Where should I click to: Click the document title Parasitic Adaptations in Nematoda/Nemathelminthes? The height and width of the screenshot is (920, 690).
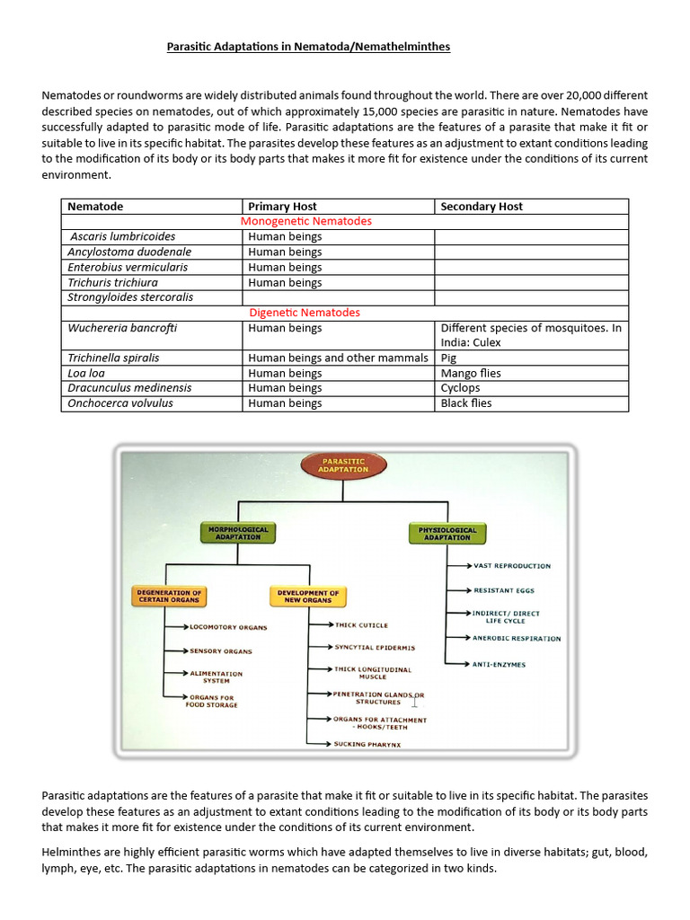pos(308,47)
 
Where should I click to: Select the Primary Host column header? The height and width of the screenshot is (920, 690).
pos(282,207)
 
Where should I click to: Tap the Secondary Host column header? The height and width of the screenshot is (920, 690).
pos(482,207)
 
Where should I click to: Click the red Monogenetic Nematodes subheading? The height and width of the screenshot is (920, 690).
pos(306,221)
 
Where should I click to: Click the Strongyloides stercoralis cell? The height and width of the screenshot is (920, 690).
pos(130,297)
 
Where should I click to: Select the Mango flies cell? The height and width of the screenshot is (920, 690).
pos(471,373)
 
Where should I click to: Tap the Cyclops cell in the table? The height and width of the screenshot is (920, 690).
pos(460,388)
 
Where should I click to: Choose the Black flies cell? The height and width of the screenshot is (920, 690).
pos(466,403)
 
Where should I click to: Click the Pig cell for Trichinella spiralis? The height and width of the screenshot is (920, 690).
pos(449,358)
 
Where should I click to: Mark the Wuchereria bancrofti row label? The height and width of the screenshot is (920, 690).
pos(122,328)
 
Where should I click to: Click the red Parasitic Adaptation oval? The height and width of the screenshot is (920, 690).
pos(345,464)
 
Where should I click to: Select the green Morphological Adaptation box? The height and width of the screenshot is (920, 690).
pos(239,533)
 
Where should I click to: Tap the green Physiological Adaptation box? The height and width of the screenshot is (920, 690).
pos(447,533)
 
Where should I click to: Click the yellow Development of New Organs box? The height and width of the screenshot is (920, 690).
pos(307,596)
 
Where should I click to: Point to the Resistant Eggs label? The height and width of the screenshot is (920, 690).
pos(505,590)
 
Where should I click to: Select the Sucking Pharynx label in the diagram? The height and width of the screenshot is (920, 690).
pos(367,744)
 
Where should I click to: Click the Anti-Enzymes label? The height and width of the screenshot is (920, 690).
pos(499,664)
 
